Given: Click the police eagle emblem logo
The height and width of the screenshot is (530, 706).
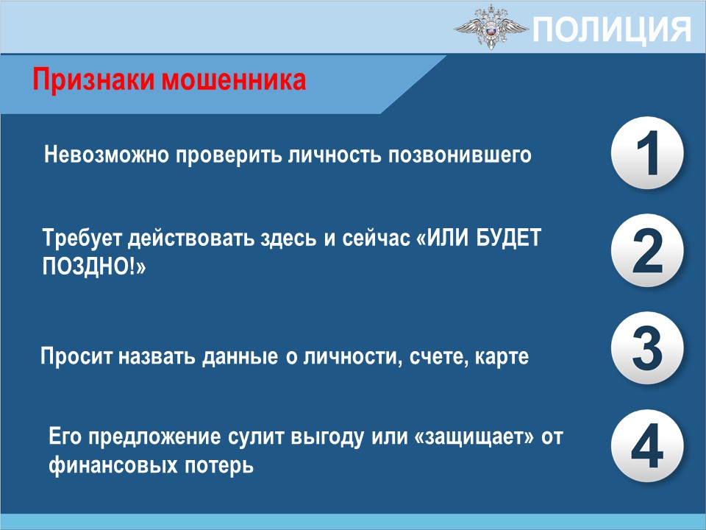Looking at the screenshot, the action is tap(491, 27).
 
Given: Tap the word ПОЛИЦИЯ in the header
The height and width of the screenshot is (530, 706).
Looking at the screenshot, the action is tap(612, 29).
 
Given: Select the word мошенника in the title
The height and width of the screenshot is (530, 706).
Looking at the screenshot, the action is tap(234, 80).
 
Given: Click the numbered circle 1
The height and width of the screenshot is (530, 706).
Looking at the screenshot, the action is tap(647, 152).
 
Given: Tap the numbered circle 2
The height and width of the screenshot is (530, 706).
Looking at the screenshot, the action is tap(647, 250).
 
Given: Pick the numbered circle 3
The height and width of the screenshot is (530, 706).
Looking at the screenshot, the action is tap(647, 348).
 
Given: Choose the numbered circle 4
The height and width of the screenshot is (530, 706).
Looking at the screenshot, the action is tap(647, 446).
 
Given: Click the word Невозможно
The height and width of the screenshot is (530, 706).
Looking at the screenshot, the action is tap(107, 155).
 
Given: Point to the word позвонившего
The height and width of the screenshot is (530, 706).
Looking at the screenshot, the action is tap(460, 155).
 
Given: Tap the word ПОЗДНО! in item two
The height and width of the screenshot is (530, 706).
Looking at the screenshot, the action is tap(94, 266).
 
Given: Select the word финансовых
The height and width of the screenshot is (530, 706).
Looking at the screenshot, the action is tap(113, 464).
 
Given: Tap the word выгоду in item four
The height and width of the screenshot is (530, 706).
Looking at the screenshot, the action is tap(327, 437).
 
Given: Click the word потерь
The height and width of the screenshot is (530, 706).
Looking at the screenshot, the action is tap(219, 464).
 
